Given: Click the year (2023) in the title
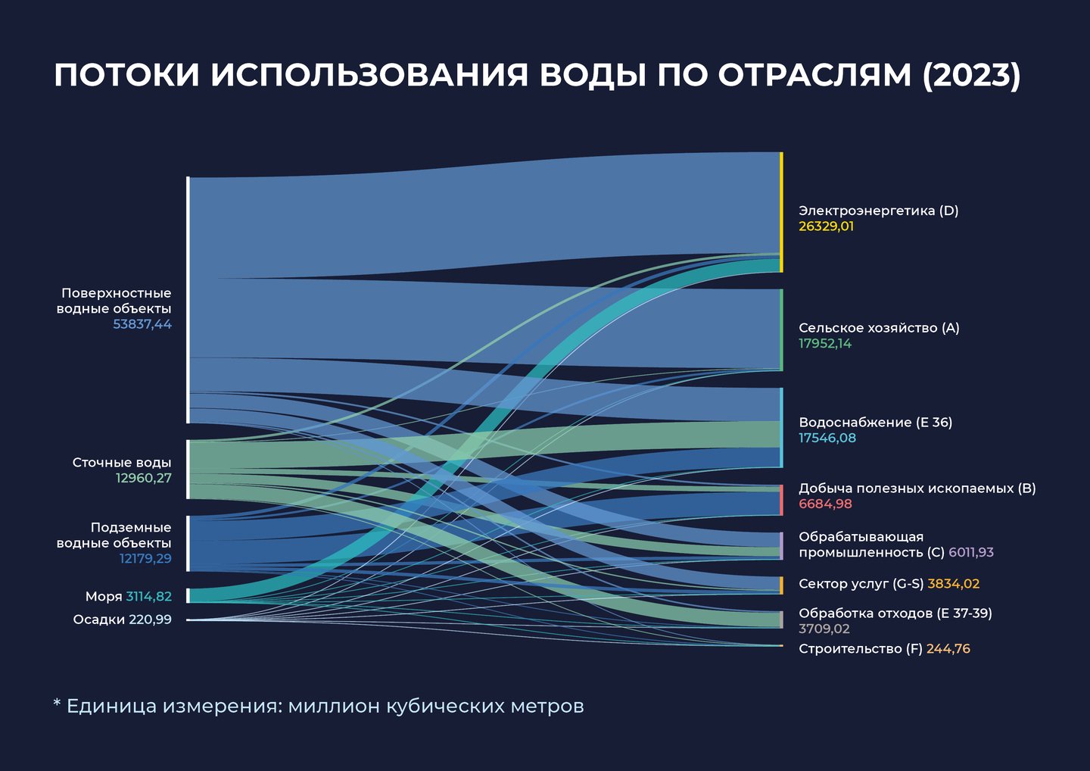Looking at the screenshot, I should [971, 75].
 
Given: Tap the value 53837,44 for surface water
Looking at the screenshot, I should [142, 324].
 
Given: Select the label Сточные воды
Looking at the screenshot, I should [122, 462].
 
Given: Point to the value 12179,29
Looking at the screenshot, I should [145, 559].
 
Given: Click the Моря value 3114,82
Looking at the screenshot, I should [148, 596].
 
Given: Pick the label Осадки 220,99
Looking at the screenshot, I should [122, 620].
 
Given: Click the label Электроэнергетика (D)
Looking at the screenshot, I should [878, 211].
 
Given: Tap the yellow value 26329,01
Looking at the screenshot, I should [826, 226].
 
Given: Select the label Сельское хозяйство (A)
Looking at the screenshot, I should [879, 328].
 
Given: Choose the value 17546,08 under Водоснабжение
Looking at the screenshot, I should [827, 438].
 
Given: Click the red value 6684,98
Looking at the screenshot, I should [825, 504].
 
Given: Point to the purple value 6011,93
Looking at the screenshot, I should [970, 552].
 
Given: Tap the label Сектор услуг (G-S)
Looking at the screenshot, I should [861, 584].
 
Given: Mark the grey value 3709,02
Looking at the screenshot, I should [824, 629].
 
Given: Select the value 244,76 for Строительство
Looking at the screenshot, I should [948, 649].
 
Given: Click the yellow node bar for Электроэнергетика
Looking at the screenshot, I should [781, 212].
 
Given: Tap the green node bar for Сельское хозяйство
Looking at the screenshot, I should [781, 329].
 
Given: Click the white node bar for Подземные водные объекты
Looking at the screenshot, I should [188, 543].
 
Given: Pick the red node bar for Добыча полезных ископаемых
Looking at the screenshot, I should [781, 500].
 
